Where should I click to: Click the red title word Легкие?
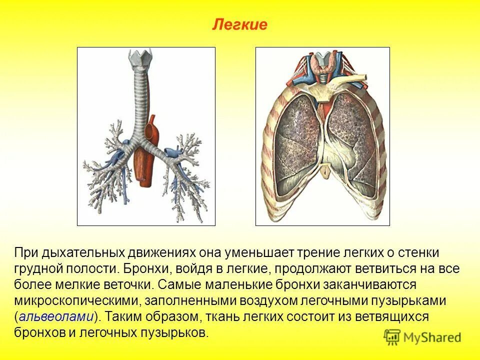point(240,24)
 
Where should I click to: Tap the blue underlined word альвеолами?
point(56,316)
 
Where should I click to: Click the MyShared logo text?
point(430,337)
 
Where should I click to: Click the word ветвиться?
point(383,268)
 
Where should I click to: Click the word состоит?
point(301,316)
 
